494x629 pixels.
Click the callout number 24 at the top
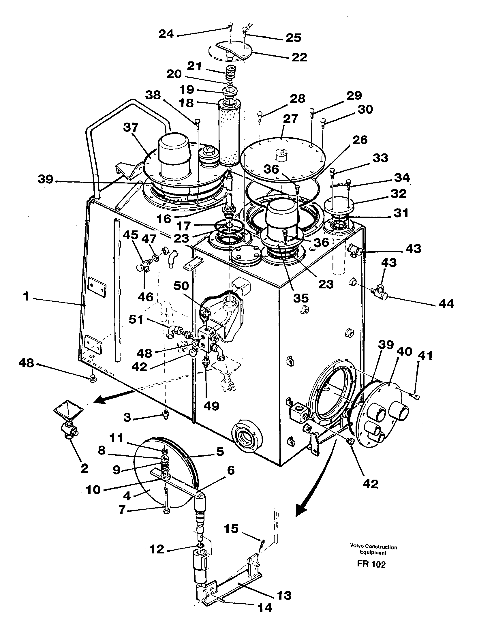pos(166,34)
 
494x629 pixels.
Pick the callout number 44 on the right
pos(446,304)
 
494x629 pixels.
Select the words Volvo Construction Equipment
pos(373,549)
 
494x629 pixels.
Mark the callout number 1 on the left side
pos(26,296)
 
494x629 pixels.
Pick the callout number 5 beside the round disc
pos(220,451)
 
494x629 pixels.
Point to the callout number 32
pos(399,194)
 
